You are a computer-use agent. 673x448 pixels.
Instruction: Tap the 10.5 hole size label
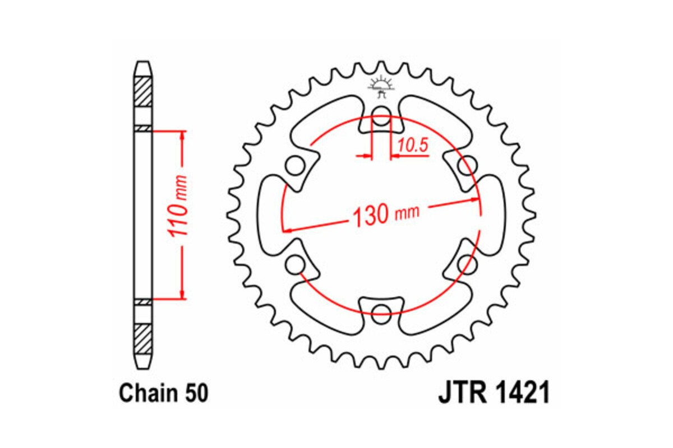(x=413, y=146)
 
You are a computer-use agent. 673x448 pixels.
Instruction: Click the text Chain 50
(x=163, y=394)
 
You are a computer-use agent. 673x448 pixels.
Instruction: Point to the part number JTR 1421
(x=493, y=394)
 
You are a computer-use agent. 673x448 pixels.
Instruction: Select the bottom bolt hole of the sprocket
(x=381, y=311)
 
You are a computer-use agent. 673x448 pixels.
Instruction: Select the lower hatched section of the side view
(x=143, y=338)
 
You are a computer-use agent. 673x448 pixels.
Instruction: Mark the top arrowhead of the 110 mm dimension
(x=182, y=135)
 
